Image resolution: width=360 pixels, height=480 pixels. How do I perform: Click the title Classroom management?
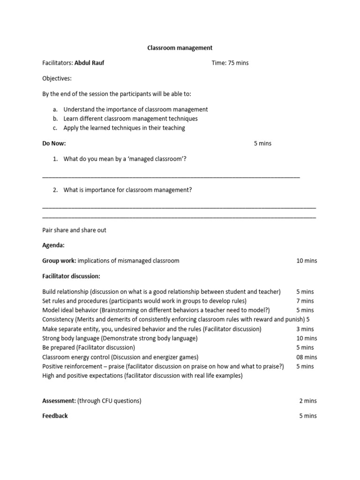(x=180, y=48)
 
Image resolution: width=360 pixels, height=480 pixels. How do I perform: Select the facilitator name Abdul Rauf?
(x=90, y=63)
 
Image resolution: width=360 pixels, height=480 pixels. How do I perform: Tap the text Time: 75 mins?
(x=230, y=63)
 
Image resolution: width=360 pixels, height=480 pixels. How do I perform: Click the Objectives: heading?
(x=57, y=78)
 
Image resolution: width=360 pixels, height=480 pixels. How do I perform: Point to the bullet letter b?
(x=55, y=119)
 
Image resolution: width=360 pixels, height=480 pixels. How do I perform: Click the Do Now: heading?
(x=54, y=143)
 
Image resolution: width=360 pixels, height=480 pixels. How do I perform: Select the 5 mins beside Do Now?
(x=262, y=143)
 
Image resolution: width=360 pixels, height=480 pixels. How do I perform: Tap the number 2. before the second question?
(x=55, y=190)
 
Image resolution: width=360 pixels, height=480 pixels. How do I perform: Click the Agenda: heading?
(x=53, y=245)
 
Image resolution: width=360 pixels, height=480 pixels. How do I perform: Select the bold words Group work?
(x=59, y=261)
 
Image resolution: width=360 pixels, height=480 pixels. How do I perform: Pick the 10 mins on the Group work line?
(x=307, y=261)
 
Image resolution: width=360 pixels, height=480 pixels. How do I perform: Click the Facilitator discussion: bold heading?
(x=71, y=276)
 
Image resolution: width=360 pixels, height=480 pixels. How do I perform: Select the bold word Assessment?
(x=59, y=401)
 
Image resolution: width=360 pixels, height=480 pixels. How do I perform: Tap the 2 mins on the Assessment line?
(x=308, y=401)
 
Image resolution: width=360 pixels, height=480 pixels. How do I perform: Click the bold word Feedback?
(x=55, y=416)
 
